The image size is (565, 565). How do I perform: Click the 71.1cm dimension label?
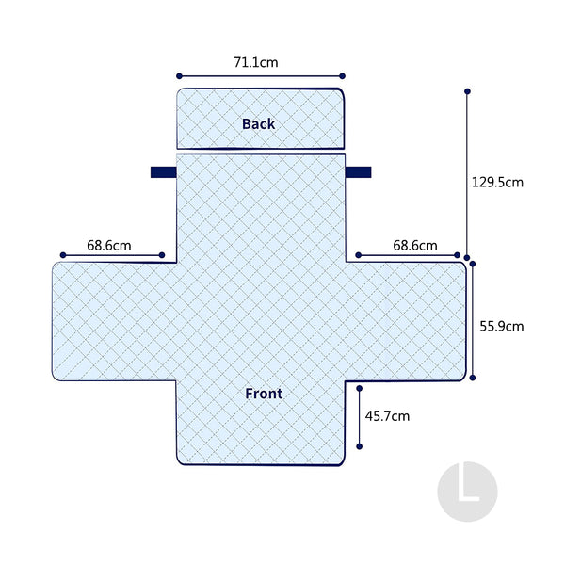[256, 62]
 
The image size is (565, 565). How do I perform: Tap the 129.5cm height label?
[497, 183]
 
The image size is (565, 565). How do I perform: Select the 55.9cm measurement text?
[502, 327]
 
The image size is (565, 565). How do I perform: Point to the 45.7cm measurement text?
[387, 416]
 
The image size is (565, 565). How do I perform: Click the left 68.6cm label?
[109, 246]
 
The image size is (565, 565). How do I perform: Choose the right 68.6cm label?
[415, 246]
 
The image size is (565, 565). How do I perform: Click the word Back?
[258, 124]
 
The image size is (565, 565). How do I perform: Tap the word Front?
[264, 394]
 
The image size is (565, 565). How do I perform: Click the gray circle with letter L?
[467, 492]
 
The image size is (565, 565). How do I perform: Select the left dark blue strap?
[164, 172]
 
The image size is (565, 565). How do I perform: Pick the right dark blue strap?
[358, 172]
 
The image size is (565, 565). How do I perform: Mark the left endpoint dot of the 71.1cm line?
[179, 76]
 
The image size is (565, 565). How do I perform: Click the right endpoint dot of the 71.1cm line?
[343, 76]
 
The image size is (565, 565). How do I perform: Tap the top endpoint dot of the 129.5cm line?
[467, 91]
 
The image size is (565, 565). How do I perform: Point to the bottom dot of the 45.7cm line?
[360, 446]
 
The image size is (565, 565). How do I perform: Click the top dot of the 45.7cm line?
[360, 388]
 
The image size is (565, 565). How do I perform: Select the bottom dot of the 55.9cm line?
[473, 378]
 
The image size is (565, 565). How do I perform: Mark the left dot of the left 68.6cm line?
[63, 255]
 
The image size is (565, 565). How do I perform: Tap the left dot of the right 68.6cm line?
[358, 255]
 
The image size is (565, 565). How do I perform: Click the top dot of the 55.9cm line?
[473, 264]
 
